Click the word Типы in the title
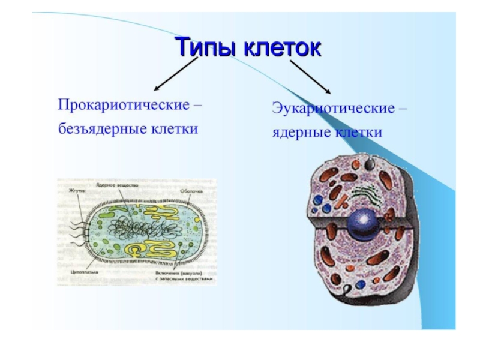(x=205, y=47)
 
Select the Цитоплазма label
(x=82, y=271)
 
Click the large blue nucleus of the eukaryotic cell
(x=363, y=223)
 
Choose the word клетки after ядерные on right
(x=357, y=133)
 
